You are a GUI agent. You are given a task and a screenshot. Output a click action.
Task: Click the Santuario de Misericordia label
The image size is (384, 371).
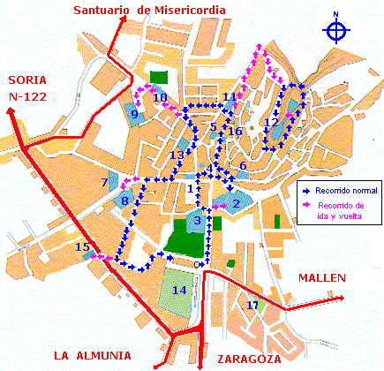coord(149,11)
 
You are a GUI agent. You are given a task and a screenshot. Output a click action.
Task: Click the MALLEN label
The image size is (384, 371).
coord(321,277)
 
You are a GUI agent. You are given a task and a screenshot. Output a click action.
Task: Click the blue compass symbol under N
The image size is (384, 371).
coord(335,31)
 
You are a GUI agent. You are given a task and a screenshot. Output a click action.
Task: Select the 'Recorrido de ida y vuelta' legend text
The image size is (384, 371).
coord(346,210)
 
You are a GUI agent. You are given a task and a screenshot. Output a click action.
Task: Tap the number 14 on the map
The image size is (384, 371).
coord(179,290)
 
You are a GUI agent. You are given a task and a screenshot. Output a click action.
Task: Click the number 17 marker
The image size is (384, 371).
coord(253,306)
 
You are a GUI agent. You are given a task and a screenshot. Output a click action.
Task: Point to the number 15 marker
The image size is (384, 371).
coord(82,248)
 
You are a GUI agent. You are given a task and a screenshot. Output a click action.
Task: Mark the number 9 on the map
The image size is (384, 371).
coord(134,114)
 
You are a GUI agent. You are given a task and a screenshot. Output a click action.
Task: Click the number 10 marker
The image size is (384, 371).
coord(160,98)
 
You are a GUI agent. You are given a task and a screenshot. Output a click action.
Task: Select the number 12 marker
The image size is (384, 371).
coord(271,122)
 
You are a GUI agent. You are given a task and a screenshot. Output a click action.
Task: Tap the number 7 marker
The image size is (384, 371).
coord(104,183)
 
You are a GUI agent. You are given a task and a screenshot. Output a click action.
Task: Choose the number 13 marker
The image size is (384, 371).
coord(177,155)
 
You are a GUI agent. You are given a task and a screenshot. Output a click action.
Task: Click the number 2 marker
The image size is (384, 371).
coord(236,204)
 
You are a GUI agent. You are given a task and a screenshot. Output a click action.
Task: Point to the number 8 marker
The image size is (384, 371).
coord(125,202)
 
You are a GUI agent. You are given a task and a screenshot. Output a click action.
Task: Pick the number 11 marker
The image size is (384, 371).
coord(229,97)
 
